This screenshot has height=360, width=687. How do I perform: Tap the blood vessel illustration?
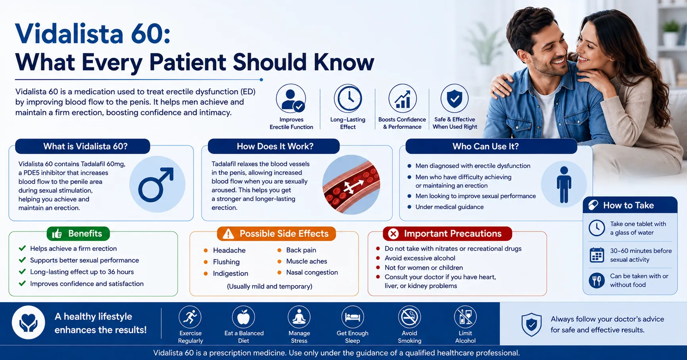[351, 185]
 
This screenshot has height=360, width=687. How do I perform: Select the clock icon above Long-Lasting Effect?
[348, 98]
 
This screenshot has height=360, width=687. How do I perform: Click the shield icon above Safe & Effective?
[455, 98]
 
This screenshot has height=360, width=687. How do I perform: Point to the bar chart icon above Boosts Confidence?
[403, 98]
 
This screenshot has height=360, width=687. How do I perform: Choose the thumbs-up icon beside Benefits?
[57, 234]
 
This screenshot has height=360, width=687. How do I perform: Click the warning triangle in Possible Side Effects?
[228, 234]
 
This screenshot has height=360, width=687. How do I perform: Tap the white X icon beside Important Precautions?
[393, 234]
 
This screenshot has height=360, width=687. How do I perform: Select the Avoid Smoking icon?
[409, 317]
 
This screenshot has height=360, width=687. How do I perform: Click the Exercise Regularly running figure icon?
[190, 317]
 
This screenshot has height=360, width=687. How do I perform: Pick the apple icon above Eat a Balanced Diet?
[244, 317]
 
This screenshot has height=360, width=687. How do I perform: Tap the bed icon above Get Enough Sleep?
[352, 317]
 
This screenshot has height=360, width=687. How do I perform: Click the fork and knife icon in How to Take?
[597, 280]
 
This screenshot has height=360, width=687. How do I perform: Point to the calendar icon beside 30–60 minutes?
[597, 255]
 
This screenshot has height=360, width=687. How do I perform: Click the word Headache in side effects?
[229, 250]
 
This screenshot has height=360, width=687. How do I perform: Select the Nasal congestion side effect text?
[312, 272]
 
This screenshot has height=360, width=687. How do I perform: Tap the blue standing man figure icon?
[564, 185]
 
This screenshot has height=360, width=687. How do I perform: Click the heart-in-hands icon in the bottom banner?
[29, 322]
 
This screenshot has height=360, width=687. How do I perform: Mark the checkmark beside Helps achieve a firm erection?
[22, 249]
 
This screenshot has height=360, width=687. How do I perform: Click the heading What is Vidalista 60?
[85, 146]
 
